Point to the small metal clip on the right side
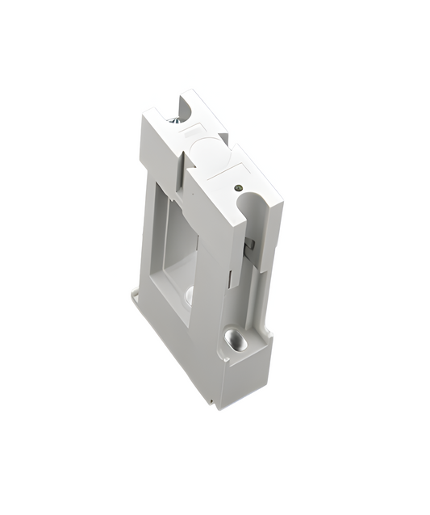[x=250, y=242]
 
